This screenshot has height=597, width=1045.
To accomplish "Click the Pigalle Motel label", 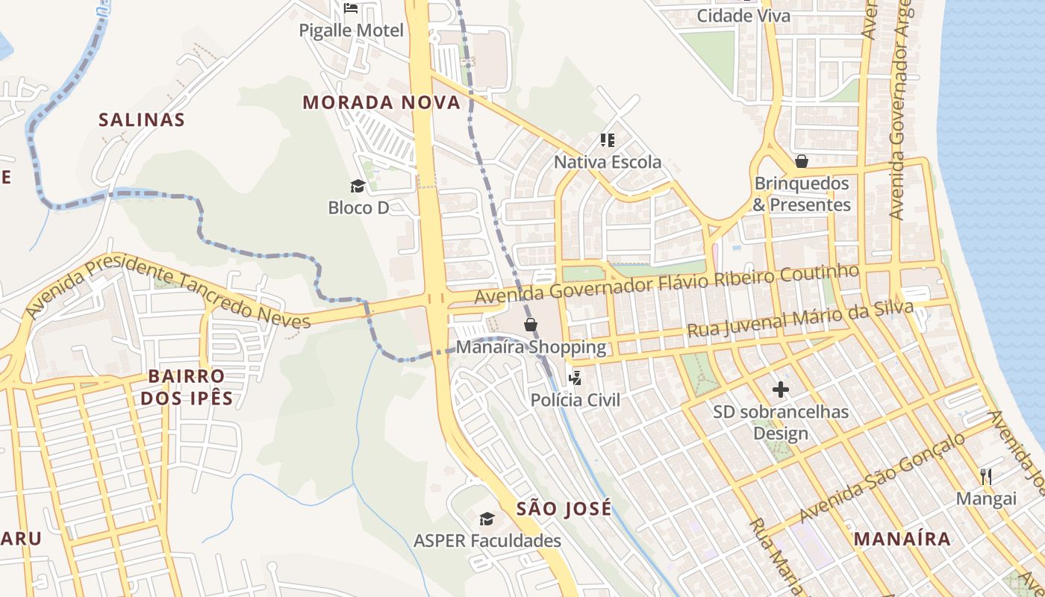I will coord(351,31).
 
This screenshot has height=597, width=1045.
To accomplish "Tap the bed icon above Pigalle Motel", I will coord(351,8).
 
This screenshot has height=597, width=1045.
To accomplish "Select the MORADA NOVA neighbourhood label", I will coord(381,102).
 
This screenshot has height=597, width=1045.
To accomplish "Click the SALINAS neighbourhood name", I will coord(142,119).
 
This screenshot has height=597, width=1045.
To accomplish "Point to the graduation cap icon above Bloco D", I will coord(358,186).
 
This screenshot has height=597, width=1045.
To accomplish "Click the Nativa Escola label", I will coord(608,162).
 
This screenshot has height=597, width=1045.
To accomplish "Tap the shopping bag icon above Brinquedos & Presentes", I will coord(802,161).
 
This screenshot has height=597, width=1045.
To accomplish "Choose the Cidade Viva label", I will coord(743,16).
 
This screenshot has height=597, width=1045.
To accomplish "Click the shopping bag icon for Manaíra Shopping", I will coord(531,325).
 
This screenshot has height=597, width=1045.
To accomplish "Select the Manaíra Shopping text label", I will coord(531,347).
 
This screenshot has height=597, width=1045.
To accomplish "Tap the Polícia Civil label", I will coord(575,400).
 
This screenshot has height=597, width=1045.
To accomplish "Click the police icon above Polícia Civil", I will coord(575,378).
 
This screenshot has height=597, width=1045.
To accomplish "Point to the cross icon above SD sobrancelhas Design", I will coord(781,390).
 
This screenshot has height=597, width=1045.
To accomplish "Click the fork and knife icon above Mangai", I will coord(986,476).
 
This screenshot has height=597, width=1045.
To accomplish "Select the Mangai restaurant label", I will coord(986,498).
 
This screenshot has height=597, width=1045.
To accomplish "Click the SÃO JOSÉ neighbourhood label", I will coord(564,509).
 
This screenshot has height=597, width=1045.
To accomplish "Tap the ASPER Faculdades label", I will coord(487,540).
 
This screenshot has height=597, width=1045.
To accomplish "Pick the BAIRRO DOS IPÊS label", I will coord(187,387).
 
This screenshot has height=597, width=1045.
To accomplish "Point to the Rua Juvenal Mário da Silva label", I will coord(800,319).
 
